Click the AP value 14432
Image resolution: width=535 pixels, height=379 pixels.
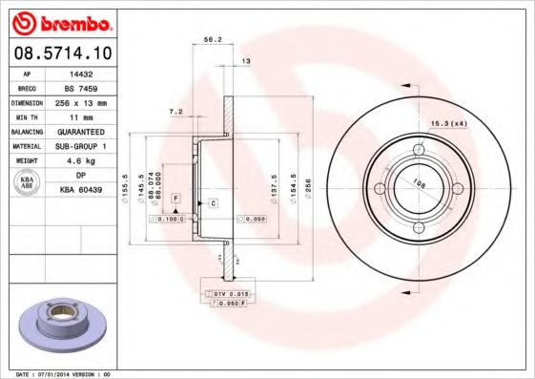82,73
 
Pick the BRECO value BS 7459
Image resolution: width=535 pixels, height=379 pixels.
82,87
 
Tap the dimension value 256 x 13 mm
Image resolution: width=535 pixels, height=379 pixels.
82,102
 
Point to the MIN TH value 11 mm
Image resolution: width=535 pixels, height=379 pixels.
82,116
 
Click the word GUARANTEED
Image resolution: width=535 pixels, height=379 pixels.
82,132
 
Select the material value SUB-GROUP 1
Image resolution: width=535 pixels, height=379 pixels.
82,146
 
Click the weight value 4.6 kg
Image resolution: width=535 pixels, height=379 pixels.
82,161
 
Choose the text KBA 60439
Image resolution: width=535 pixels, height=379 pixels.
82,190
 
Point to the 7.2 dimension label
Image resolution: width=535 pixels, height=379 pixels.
175,111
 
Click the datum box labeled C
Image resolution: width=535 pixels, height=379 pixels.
213,203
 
